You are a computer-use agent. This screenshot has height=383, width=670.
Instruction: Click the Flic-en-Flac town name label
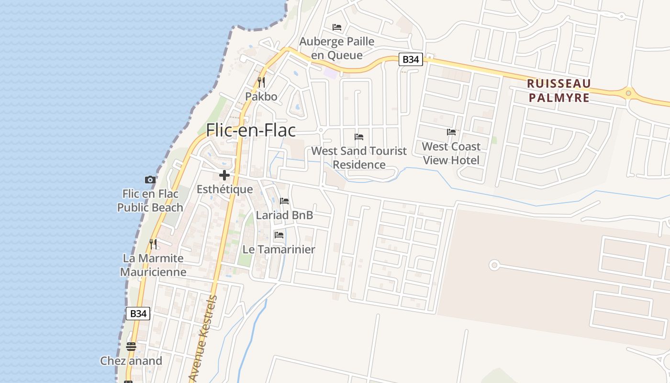point(251,130)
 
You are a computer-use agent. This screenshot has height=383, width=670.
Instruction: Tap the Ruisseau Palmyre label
point(558,90)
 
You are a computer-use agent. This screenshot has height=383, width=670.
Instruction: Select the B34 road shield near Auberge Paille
point(411,59)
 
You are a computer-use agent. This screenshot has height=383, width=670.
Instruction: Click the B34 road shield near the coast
point(138,314)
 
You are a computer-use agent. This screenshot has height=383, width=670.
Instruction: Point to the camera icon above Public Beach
point(150,180)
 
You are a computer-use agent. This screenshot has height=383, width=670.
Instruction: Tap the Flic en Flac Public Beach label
point(150,201)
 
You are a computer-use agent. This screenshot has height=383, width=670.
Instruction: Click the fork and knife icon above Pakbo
point(261,82)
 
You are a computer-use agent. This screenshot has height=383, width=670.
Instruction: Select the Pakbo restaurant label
point(261,96)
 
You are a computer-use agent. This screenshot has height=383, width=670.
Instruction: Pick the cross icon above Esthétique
point(224,175)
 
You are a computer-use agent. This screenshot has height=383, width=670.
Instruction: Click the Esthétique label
point(225,189)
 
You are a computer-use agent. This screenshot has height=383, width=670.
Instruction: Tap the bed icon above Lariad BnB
point(284,201)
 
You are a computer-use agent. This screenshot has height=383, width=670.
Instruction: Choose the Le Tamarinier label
point(279,249)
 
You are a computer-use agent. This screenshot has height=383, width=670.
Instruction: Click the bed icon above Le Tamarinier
point(279,235)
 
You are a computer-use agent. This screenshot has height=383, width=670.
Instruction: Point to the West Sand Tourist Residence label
point(359,158)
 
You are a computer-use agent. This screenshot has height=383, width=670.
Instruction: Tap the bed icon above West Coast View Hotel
point(451,132)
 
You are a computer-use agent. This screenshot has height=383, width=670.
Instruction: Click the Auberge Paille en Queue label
point(337,48)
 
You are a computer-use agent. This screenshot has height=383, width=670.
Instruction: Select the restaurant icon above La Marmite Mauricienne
point(153,244)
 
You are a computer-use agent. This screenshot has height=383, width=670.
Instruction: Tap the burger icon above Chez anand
point(131,346)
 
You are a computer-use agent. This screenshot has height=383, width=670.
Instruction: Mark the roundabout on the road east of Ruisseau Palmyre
point(628,93)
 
